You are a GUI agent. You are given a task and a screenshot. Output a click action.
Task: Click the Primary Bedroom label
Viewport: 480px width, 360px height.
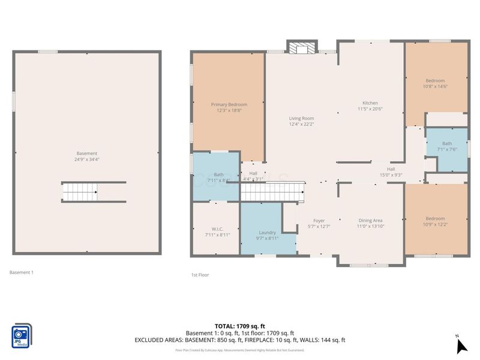click(x=229, y=104)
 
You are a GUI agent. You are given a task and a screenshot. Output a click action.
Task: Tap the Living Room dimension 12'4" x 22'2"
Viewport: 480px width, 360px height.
click(x=301, y=125)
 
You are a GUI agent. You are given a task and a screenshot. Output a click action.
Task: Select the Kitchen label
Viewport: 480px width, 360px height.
click(x=370, y=103)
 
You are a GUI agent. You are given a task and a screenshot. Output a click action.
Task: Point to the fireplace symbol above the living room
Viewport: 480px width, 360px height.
click(x=301, y=47)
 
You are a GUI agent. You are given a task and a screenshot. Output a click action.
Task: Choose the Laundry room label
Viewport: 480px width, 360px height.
click(x=267, y=232)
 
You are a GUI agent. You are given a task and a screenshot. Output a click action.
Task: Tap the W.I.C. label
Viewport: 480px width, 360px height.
click(x=217, y=228)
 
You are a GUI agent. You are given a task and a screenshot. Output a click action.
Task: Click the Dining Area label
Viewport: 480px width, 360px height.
click(x=370, y=220)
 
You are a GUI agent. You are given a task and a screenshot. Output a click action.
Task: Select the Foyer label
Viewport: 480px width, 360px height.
click(x=319, y=220)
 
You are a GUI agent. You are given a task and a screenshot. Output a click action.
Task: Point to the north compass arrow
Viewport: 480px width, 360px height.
click(x=461, y=346)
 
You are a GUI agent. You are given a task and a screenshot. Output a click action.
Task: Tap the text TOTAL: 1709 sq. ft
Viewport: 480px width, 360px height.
click(x=240, y=326)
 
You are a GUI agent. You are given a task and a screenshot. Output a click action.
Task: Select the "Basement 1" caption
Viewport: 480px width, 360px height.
click(x=22, y=272)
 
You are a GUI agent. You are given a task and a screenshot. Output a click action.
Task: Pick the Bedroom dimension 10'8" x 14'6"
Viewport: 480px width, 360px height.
click(x=436, y=86)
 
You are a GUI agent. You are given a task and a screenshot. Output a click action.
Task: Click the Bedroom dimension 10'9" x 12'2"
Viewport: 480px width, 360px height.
click(x=435, y=224)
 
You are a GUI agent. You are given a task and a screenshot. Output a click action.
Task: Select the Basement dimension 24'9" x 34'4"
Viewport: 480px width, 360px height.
click(x=87, y=160)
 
